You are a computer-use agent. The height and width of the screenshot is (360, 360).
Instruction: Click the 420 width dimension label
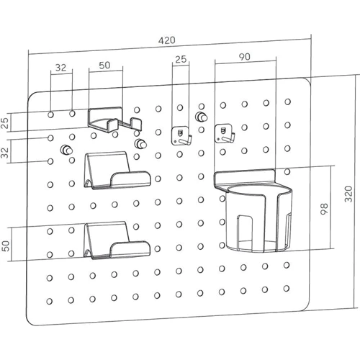coord(167,40)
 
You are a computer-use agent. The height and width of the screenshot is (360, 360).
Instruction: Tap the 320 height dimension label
coord(348,194)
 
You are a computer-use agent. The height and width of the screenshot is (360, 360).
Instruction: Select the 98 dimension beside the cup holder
coord(324,209)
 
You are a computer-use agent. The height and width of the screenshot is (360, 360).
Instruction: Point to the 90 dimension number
coord(245,57)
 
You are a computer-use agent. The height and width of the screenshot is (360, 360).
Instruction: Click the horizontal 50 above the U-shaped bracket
coord(104,66)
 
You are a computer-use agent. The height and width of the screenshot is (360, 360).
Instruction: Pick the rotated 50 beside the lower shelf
coord(6,246)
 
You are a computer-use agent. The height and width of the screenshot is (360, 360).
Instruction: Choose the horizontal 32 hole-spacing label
coord(60,68)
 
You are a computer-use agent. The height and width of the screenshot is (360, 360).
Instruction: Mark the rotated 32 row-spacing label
coord(5,153)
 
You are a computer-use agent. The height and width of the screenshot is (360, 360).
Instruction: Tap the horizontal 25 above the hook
coord(181,59)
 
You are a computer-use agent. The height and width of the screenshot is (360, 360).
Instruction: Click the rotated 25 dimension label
coord(5,123)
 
